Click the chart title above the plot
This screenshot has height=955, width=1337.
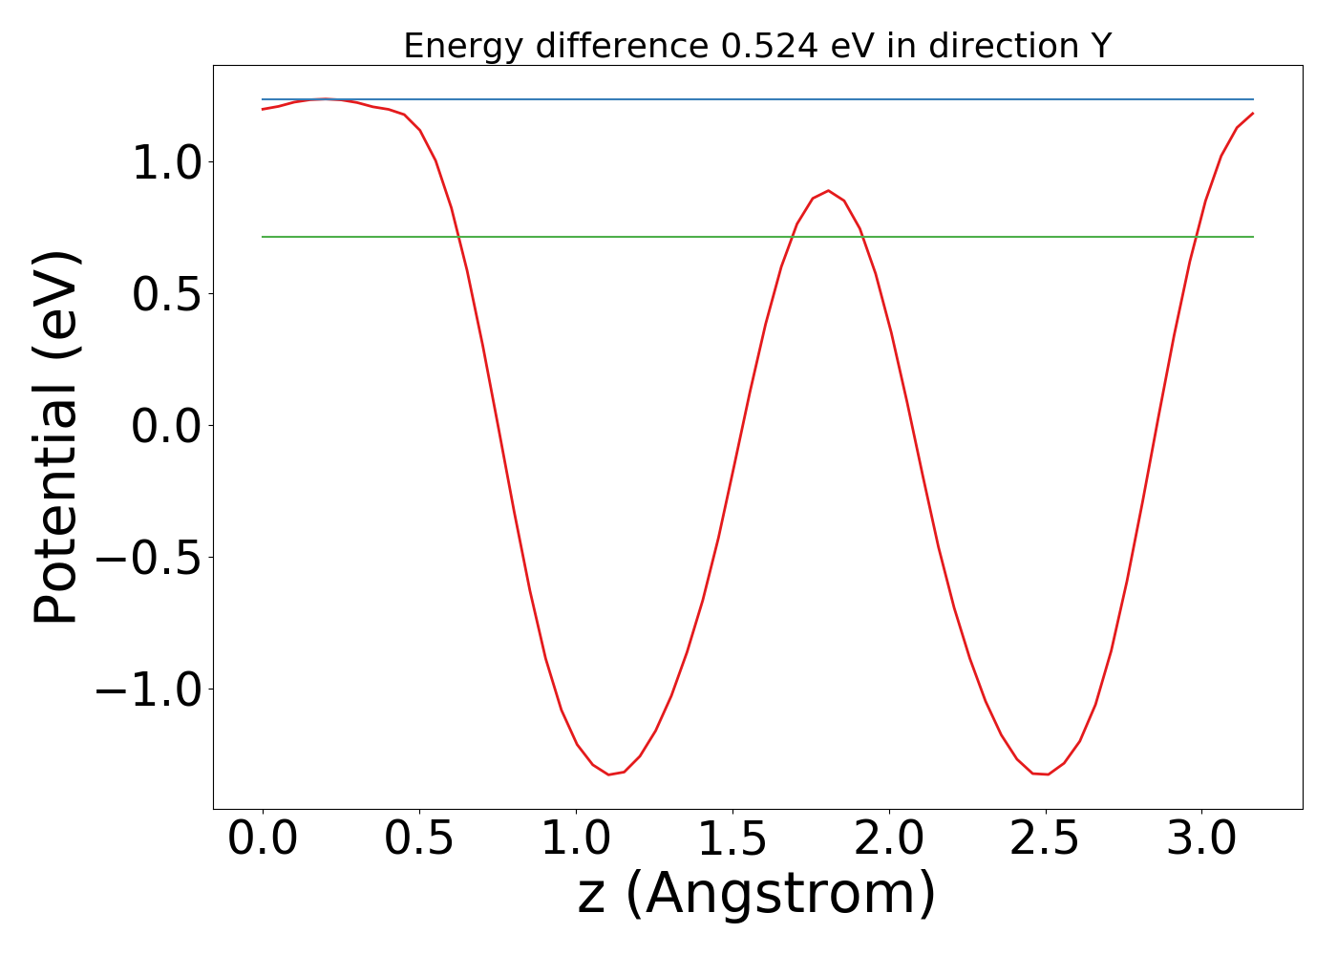click(x=757, y=46)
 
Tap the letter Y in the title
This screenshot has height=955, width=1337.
click(x=1101, y=46)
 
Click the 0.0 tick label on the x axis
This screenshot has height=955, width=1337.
click(x=262, y=839)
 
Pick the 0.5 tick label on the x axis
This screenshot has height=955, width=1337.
click(x=418, y=839)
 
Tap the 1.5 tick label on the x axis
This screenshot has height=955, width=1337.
click(x=732, y=839)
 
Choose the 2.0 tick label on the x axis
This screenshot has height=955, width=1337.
click(x=888, y=839)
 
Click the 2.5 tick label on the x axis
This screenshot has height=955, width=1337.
click(x=1045, y=839)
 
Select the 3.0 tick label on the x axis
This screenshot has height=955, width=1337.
click(x=1201, y=839)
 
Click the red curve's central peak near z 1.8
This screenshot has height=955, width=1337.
click(x=828, y=190)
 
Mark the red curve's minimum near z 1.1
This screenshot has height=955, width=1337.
click(x=609, y=775)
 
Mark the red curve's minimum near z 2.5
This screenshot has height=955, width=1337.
click(x=1048, y=775)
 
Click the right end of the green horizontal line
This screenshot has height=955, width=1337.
click(x=1252, y=237)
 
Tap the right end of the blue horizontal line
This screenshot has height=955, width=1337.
click(x=1252, y=99)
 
